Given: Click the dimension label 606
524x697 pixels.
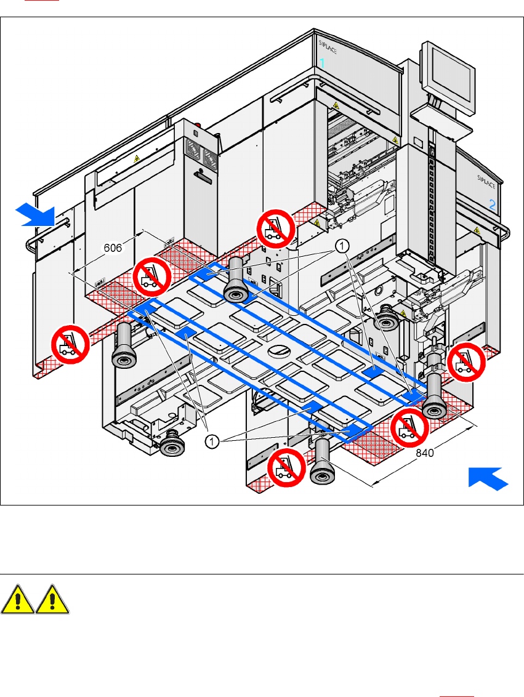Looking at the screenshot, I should point(112,248).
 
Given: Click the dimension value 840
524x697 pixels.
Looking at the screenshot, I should point(425,453).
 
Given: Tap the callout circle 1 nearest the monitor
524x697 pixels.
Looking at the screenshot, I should point(342,246).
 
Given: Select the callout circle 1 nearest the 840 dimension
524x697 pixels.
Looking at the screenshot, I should point(211,441).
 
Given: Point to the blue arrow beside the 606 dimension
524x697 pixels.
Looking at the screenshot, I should point(36,214).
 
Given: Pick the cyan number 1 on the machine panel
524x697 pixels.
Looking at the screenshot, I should point(322,62).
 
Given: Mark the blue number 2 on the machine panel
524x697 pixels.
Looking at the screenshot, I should point(493,205).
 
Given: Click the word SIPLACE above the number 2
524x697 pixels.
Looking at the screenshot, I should point(488,179).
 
